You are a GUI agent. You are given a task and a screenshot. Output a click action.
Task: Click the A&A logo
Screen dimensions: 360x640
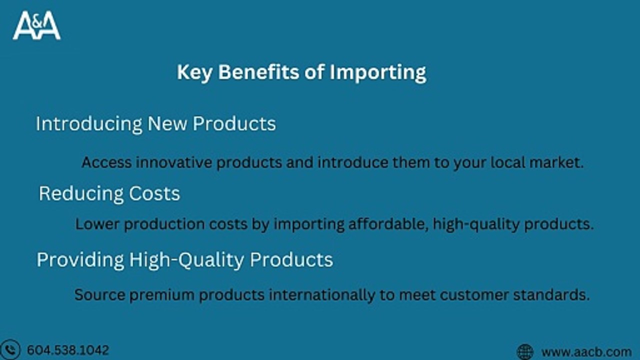(x=36, y=25)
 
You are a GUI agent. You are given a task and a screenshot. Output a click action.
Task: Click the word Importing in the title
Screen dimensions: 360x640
(x=377, y=72)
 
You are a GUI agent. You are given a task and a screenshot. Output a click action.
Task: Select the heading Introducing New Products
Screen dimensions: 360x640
(x=155, y=123)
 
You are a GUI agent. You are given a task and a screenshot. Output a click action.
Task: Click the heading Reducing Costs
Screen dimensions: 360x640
(x=109, y=193)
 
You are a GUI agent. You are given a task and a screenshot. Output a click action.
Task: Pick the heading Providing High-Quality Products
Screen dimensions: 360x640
(x=184, y=259)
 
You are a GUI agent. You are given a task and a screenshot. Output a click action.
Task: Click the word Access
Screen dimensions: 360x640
(x=106, y=162)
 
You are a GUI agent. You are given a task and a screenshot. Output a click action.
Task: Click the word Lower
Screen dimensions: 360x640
(x=97, y=223)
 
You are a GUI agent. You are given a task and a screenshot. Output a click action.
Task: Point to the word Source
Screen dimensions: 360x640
(x=99, y=294)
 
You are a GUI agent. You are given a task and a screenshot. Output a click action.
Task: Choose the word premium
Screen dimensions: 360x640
(x=163, y=295)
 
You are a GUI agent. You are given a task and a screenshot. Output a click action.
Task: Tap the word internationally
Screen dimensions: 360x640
(x=322, y=294)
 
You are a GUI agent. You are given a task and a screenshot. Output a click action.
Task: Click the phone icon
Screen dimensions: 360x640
(x=11, y=349)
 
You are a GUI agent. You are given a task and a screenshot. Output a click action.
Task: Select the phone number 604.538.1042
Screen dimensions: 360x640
(x=67, y=350)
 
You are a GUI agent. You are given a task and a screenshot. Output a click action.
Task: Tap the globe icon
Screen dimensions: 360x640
(x=525, y=351)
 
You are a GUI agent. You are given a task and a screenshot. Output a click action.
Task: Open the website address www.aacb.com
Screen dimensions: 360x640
(x=586, y=352)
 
